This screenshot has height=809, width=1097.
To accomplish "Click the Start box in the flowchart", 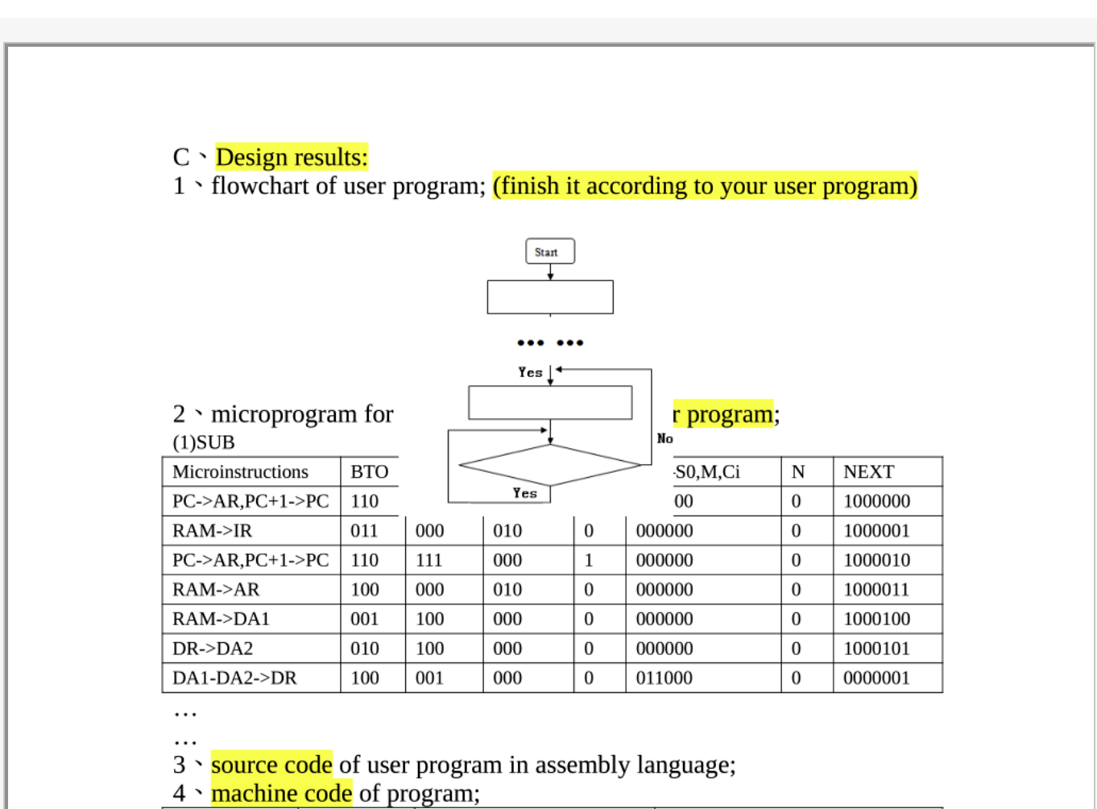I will [550, 251].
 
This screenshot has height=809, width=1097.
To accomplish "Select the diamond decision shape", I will [550, 465].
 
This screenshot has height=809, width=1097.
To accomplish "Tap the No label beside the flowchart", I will [664, 438].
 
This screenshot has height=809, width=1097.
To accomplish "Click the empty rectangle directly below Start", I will [550, 297].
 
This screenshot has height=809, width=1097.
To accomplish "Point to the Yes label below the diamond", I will [525, 493].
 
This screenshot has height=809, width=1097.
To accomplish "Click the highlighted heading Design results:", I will [292, 157].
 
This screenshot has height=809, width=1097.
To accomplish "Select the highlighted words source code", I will [271, 764].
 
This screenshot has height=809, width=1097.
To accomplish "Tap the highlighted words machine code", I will [281, 793].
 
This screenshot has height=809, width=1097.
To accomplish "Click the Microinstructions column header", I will [240, 471].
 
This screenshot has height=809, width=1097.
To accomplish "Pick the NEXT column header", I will [868, 471].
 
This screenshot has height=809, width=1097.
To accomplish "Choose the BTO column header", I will [370, 471].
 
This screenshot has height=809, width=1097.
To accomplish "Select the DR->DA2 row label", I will [213, 648].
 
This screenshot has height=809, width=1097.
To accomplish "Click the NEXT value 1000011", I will [876, 589].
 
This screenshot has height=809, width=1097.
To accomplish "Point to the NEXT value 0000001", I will [876, 678].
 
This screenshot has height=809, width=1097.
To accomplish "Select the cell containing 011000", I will [664, 678].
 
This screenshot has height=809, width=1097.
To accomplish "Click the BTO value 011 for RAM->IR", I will [364, 530].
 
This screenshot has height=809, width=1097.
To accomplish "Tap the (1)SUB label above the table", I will [204, 442].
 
